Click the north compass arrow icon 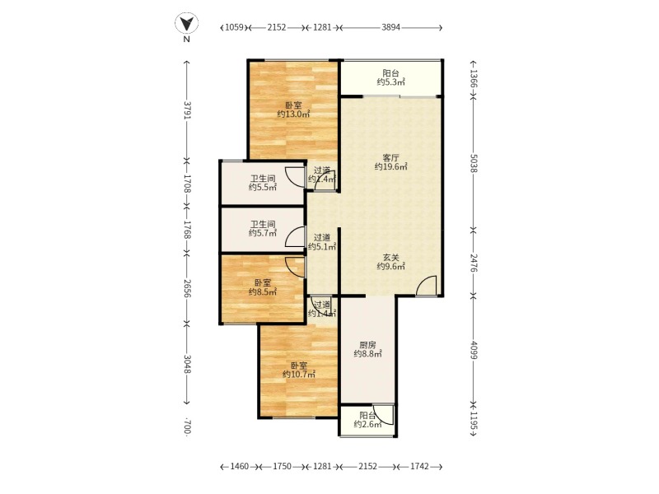click(x=187, y=23)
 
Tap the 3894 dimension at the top click(x=390, y=28)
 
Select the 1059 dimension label click(x=235, y=28)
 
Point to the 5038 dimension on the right click(x=474, y=163)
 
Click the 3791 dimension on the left click(x=188, y=110)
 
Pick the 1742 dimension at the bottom click(x=419, y=466)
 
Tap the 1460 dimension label click(x=240, y=466)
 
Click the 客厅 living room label click(x=390, y=158)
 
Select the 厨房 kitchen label click(x=367, y=345)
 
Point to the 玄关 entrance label click(x=390, y=258)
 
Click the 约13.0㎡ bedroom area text click(x=294, y=114)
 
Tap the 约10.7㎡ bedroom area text click(x=299, y=375)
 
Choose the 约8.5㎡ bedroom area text click(x=263, y=292)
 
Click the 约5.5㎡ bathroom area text click(x=263, y=188)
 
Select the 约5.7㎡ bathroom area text click(x=263, y=233)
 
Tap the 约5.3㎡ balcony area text click(x=390, y=82)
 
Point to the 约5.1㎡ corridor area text click(x=322, y=246)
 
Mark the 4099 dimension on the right click(x=474, y=350)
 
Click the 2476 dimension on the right click(x=474, y=263)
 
